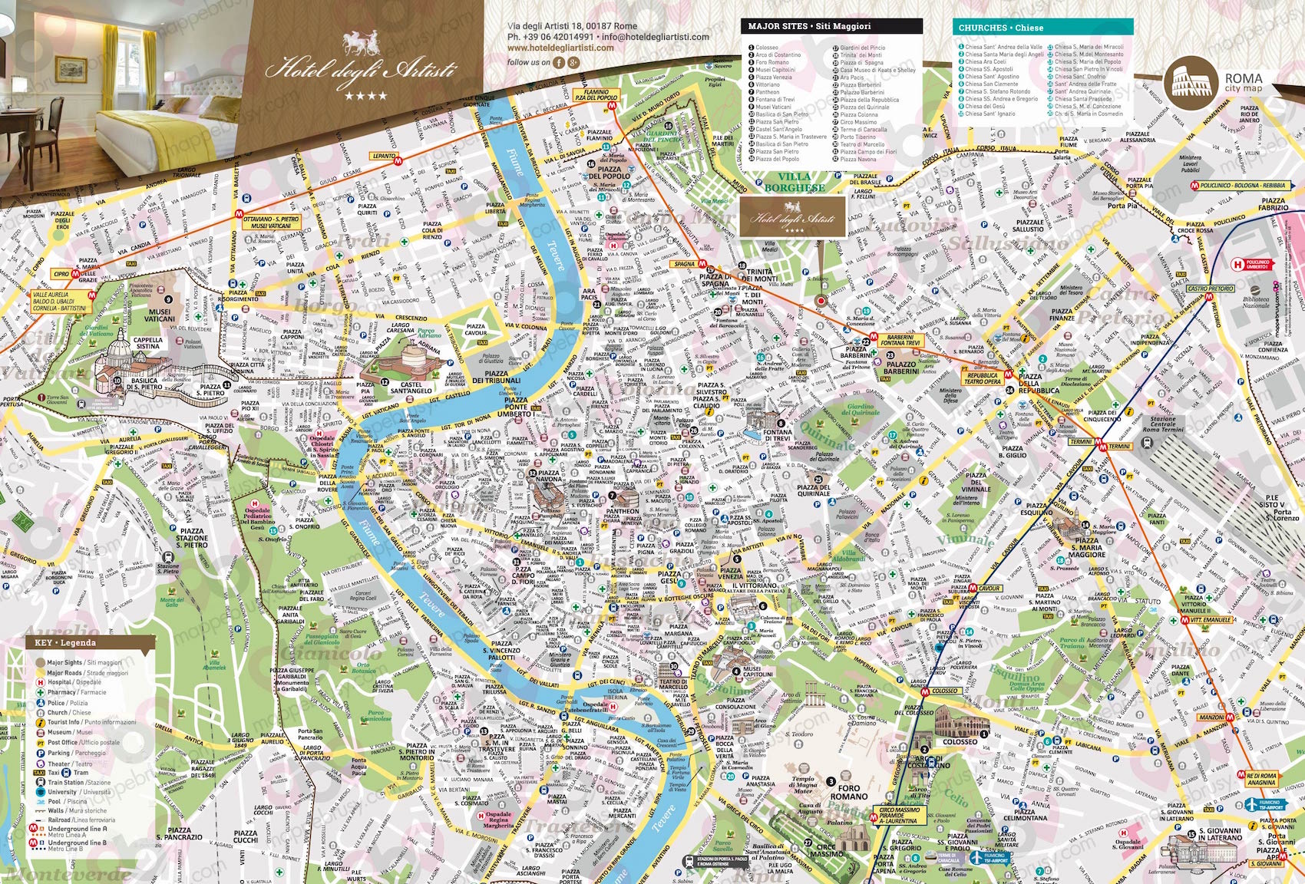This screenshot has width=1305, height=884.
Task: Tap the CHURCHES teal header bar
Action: pyautogui.click(x=1042, y=28)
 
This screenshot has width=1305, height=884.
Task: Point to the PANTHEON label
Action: pyautogui.click(x=622, y=511)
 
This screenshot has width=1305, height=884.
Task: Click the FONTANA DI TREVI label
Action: pyautogui.click(x=778, y=436)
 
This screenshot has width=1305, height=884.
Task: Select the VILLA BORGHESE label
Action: pyautogui.click(x=794, y=182)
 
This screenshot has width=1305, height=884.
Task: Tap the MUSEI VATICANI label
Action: pyautogui.click(x=159, y=315)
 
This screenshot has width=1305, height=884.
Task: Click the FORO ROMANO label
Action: pyautogui.click(x=848, y=792)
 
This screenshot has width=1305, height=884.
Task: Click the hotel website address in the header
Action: pyautogui.click(x=560, y=48)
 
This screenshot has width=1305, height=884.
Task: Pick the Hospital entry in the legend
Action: pyautogui.click(x=73, y=681)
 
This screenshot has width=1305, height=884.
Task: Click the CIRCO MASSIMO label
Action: pyautogui.click(x=825, y=849)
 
